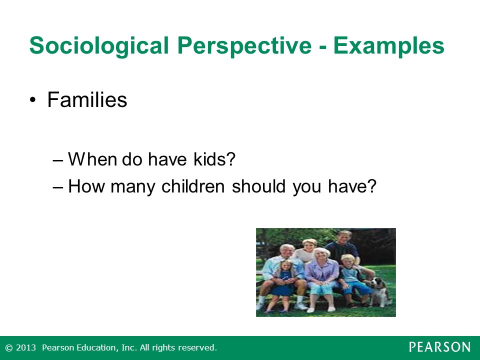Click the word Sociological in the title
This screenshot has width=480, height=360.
tap(99, 46)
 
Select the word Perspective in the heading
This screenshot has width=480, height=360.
tap(244, 46)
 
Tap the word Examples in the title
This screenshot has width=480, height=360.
tap(388, 46)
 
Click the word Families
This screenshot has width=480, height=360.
tap(87, 99)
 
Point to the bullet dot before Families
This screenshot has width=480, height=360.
tap(33, 100)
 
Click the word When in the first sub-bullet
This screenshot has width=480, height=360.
tap(93, 159)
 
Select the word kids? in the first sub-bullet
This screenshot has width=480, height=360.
tap(214, 159)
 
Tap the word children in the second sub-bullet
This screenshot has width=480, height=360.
tap(193, 186)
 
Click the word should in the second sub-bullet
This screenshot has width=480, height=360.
tap(258, 186)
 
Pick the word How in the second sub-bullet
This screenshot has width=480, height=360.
tap(86, 186)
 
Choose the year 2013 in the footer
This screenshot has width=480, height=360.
tap(25, 347)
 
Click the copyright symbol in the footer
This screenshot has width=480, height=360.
tap(9, 348)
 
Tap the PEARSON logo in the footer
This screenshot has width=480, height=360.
tap(439, 347)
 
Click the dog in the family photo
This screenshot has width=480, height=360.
tap(380, 291)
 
